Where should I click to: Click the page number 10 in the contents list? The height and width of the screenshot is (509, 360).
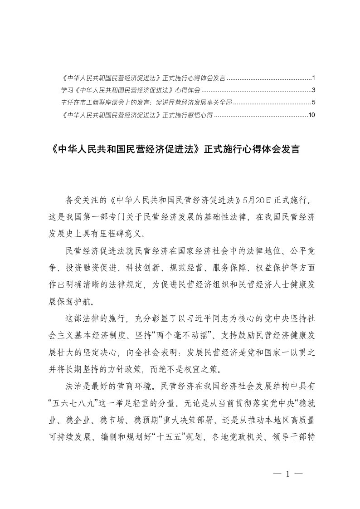point(311,115)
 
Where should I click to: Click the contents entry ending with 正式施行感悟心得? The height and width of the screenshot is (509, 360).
point(136,115)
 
